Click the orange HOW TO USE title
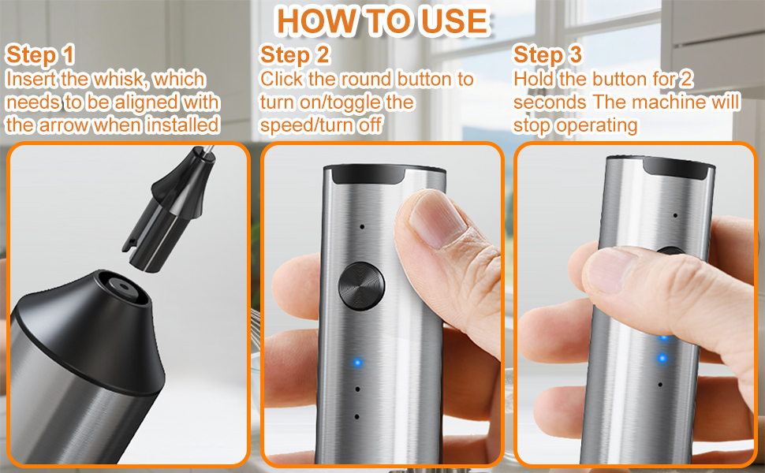point(382,21)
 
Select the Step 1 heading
point(40,55)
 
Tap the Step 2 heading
point(295,55)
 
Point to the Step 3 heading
point(548,55)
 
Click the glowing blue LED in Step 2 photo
point(357,363)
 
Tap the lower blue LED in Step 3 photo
point(662,359)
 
